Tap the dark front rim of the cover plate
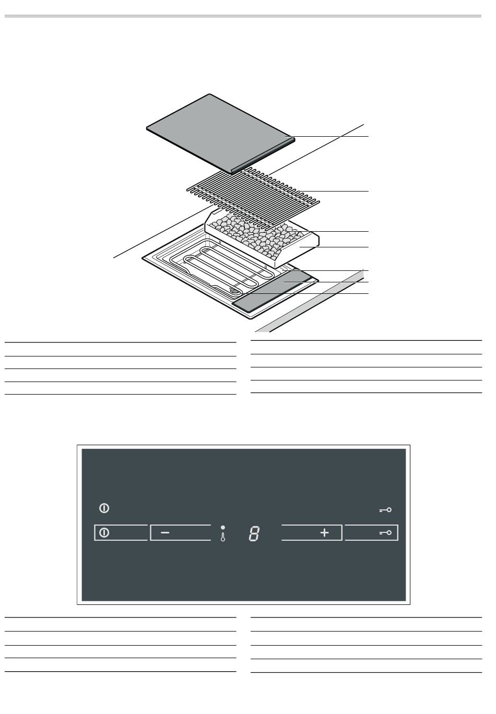click(x=263, y=156)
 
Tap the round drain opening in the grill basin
click(x=234, y=291)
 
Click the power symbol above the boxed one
click(x=104, y=508)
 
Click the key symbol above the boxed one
click(x=385, y=510)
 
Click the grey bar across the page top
click(x=243, y=16)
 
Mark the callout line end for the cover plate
click(x=369, y=136)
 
